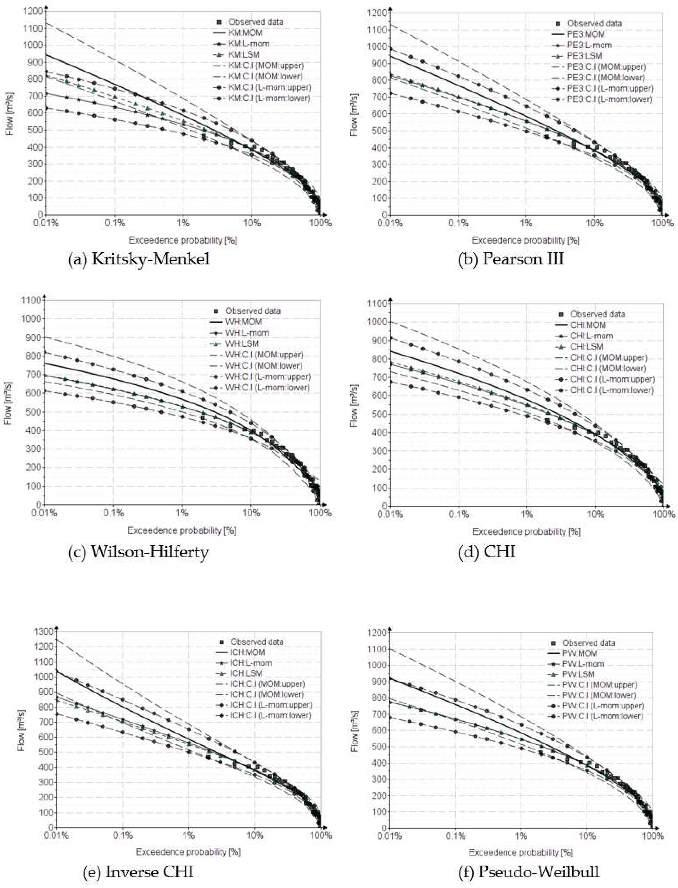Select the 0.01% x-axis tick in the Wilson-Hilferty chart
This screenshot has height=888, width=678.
coord(44,513)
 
